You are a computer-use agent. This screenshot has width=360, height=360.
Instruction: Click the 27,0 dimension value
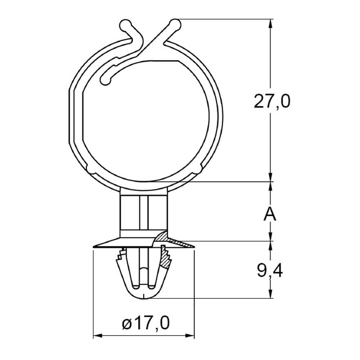(272, 101)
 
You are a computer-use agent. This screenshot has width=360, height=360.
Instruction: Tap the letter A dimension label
(270, 213)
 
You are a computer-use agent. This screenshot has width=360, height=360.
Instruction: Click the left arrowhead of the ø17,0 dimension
(97, 336)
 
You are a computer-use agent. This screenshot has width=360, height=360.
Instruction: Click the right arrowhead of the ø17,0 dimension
(190, 336)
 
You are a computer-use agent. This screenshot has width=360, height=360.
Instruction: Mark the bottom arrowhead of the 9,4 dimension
(271, 294)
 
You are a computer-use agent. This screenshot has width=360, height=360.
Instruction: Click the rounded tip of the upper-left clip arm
(126, 25)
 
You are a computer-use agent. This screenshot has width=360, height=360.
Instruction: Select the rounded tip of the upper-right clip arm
(175, 24)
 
